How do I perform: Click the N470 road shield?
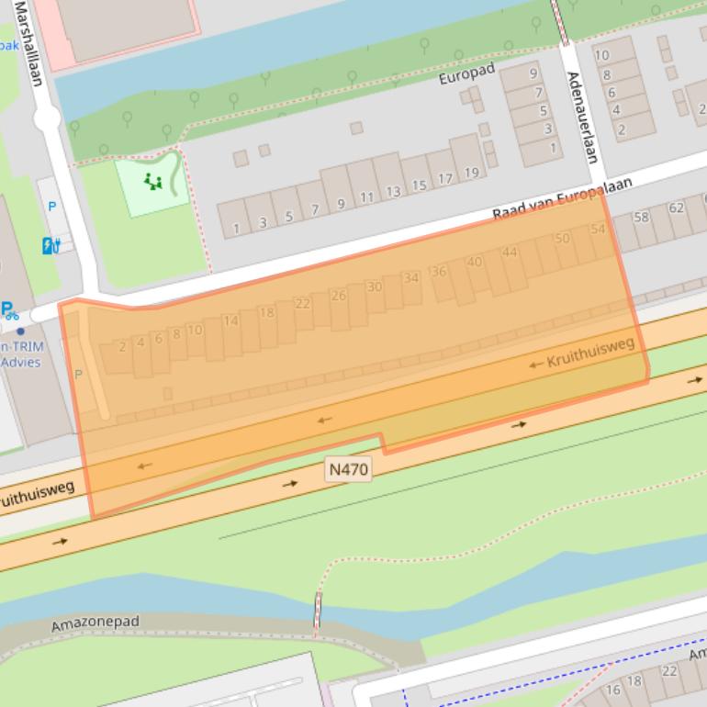pyautogui.click(x=348, y=469)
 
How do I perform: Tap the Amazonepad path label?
pyautogui.click(x=95, y=623)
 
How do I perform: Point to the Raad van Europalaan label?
pyautogui.click(x=562, y=199)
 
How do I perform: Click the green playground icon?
pyautogui.click(x=152, y=182)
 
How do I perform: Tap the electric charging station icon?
pyautogui.click(x=50, y=245)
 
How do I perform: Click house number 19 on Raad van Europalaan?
pyautogui.click(x=471, y=173)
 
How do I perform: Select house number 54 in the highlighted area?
pyautogui.click(x=599, y=229)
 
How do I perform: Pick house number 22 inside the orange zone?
pyautogui.click(x=302, y=303)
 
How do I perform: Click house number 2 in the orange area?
pyautogui.click(x=122, y=347)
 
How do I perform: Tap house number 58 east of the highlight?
pyautogui.click(x=641, y=218)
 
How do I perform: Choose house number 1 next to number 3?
pyautogui.click(x=236, y=227)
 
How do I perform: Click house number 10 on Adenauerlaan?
pyautogui.click(x=601, y=55)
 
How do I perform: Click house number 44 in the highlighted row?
pyautogui.click(x=510, y=252)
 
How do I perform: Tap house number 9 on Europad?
pyautogui.click(x=533, y=73)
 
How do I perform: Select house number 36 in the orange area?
pyautogui.click(x=438, y=272)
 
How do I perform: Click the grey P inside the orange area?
pyautogui.click(x=78, y=375)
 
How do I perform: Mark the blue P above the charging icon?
pyautogui.click(x=51, y=207)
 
